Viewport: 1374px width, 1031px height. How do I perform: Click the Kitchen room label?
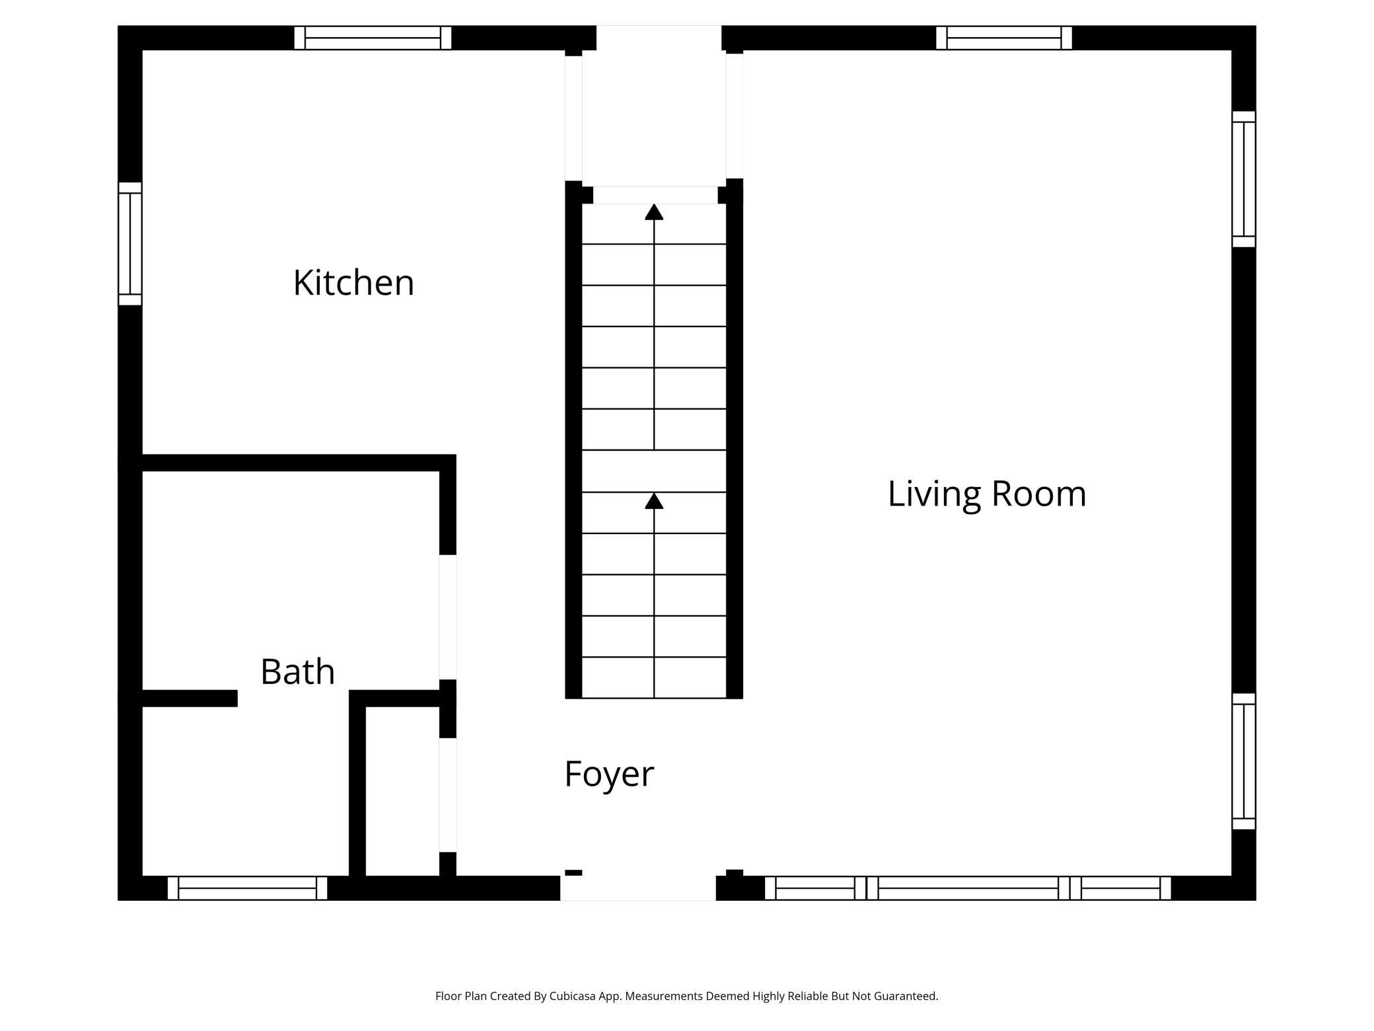click(x=353, y=283)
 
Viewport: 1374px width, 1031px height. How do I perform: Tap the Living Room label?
click(x=987, y=494)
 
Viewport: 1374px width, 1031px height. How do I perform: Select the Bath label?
click(x=298, y=671)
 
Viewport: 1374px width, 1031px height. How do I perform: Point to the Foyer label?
click(x=609, y=774)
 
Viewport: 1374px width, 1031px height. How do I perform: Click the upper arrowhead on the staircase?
click(x=654, y=211)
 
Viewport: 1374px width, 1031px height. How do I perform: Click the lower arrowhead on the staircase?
click(x=654, y=500)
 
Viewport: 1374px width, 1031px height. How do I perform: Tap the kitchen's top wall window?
click(x=373, y=38)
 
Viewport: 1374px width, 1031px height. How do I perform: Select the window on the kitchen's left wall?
click(x=130, y=244)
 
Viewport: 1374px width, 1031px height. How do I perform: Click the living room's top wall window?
click(x=1003, y=38)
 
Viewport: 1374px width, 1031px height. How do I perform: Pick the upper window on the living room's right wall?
click(x=1244, y=179)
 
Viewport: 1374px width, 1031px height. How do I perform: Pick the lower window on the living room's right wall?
click(x=1244, y=761)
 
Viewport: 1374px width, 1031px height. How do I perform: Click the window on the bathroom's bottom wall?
click(x=247, y=888)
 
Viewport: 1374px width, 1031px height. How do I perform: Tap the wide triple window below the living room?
click(x=968, y=888)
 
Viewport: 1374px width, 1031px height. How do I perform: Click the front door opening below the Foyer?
click(x=638, y=888)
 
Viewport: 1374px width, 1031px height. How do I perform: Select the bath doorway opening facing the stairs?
click(x=448, y=617)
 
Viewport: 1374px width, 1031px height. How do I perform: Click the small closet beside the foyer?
click(x=402, y=791)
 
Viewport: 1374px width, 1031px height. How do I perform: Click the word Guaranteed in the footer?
click(x=905, y=996)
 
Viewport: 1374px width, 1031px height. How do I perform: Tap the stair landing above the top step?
click(x=654, y=119)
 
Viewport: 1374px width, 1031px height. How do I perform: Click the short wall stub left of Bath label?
click(x=190, y=699)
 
